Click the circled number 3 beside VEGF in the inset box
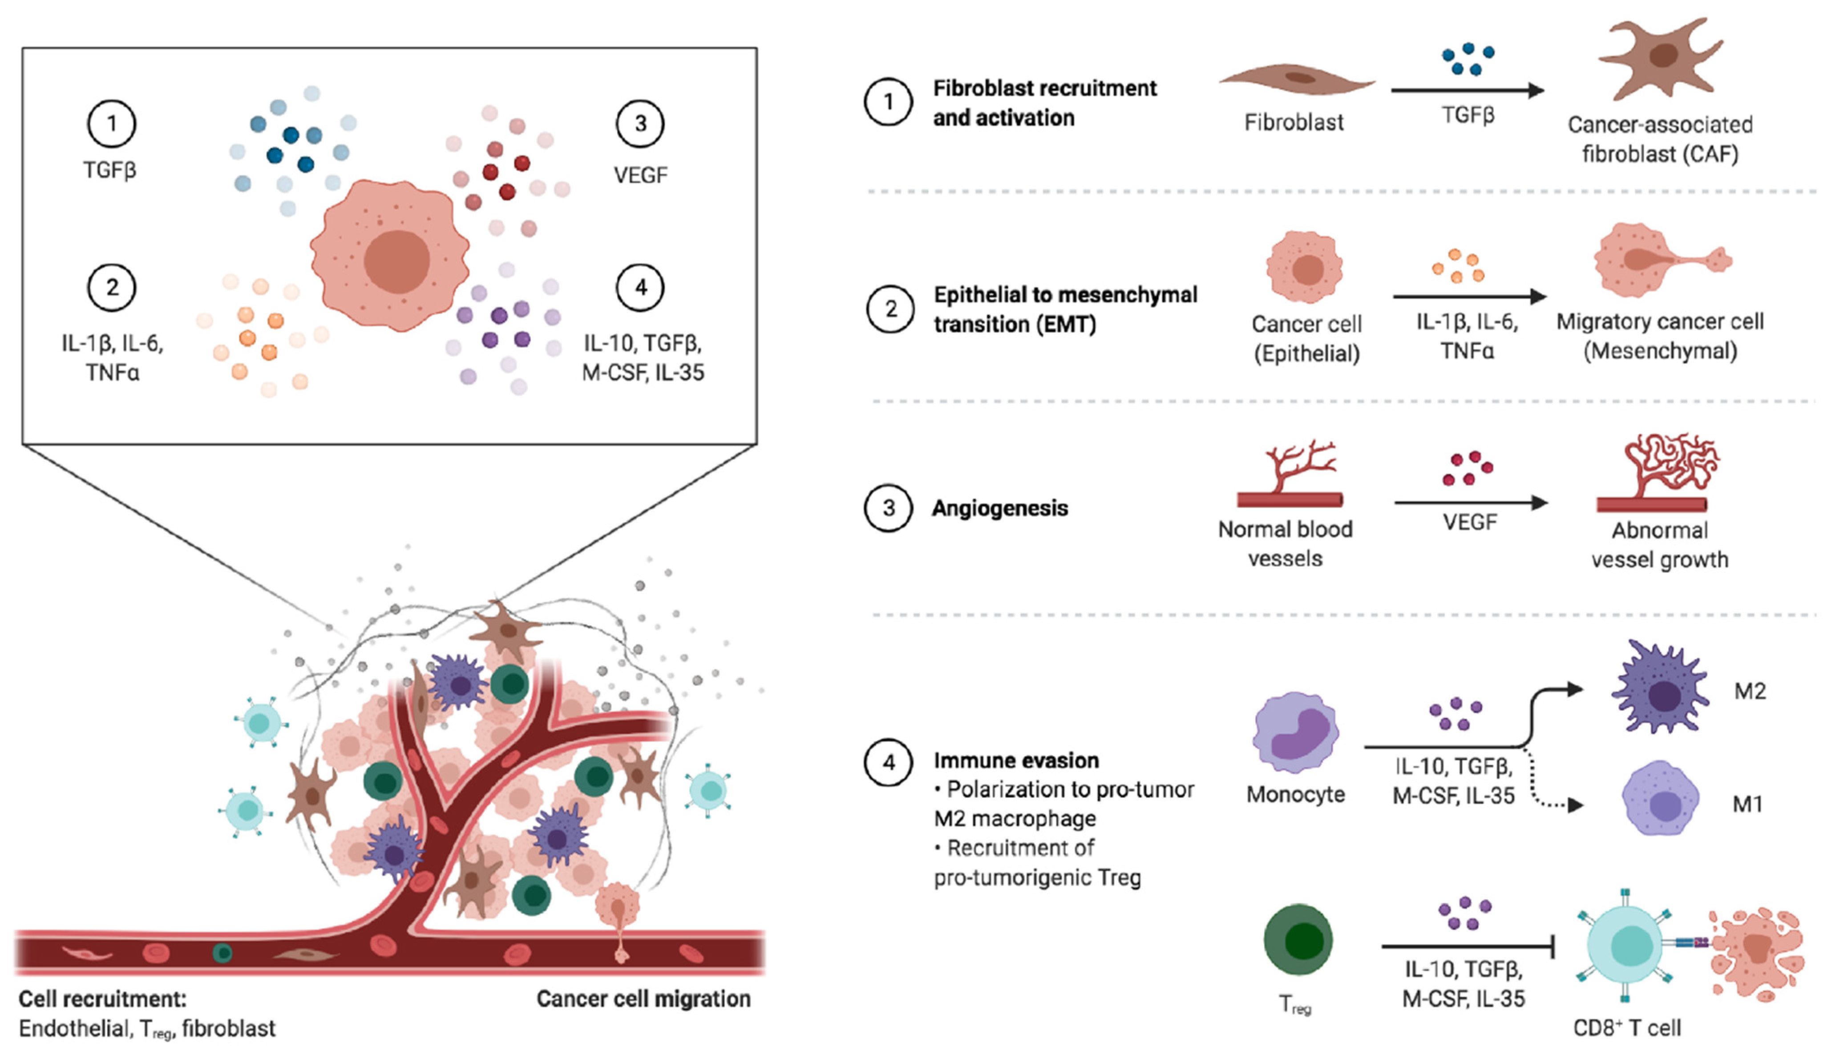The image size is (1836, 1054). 640,124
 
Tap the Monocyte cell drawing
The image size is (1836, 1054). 1296,732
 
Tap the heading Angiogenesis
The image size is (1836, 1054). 999,508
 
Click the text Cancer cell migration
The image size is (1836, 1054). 643,999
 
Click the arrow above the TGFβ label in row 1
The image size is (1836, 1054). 1467,90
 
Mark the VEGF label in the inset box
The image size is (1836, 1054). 640,175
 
